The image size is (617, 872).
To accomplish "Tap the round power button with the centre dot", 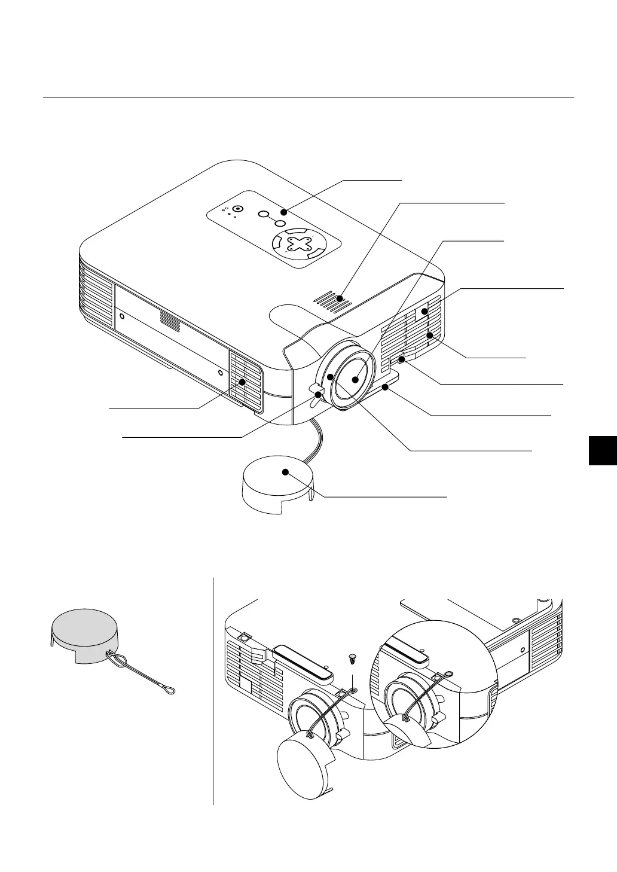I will (238, 209).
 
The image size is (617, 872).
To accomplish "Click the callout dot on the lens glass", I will (356, 379).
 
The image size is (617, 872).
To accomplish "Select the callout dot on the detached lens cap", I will (286, 472).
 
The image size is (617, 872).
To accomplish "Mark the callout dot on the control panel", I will (285, 212).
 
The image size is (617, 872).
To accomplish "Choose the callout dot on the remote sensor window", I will (424, 311).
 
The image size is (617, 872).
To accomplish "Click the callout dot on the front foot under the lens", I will (387, 388).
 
